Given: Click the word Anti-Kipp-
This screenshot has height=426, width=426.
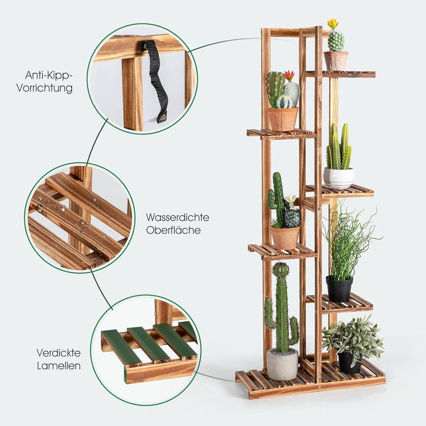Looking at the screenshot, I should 49,75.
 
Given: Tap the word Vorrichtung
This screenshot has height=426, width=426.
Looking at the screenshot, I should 49,88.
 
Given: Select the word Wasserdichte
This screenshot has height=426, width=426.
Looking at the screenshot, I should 177,217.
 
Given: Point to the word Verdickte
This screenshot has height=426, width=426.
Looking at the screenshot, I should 57,353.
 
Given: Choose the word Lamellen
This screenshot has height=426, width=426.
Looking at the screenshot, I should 57,366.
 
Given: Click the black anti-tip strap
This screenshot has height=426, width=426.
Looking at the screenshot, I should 156,77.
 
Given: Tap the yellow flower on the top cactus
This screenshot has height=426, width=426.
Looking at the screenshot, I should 333,23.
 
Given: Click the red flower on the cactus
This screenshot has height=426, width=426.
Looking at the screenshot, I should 289,75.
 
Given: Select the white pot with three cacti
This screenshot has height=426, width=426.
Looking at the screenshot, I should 338,177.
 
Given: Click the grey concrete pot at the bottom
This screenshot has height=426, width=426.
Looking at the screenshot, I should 282,364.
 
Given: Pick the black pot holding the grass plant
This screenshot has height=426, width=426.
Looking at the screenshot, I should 339,289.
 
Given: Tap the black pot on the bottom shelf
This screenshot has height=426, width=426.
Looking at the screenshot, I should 349,363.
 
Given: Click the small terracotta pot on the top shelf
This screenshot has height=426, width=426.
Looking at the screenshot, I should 335,60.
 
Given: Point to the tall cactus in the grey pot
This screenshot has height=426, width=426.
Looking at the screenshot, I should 281,308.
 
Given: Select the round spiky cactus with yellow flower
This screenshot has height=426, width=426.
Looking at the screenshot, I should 336,40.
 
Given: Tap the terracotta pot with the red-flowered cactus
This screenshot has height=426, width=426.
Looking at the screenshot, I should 283,119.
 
